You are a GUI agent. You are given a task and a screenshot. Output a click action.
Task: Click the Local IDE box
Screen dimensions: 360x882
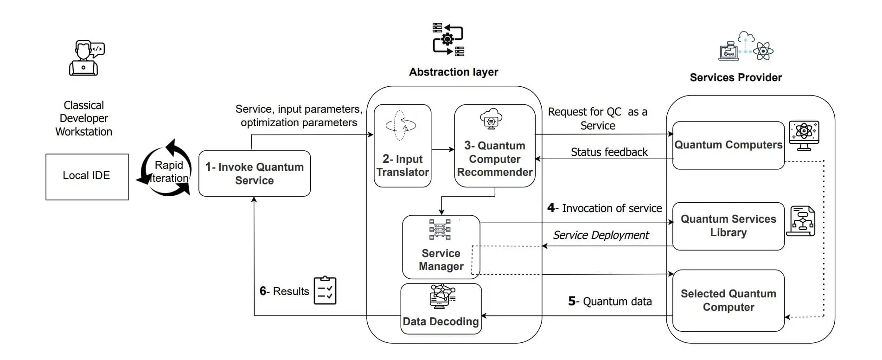pos(87,177)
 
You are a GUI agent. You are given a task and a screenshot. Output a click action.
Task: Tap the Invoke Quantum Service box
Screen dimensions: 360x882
pos(254,174)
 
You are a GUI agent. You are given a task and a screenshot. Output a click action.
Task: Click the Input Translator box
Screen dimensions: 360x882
pos(402,146)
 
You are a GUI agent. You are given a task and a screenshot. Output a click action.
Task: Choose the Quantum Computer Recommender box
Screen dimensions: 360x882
pos(494,146)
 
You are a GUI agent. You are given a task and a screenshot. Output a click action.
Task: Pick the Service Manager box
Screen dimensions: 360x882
pos(441,247)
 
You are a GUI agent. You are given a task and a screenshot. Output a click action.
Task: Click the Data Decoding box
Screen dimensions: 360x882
pos(441,309)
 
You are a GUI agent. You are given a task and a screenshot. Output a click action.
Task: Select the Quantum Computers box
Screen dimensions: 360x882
pos(728,145)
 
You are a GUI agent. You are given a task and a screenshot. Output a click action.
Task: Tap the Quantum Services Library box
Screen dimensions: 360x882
pos(728,226)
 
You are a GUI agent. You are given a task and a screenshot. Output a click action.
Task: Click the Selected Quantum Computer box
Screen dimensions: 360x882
pos(728,301)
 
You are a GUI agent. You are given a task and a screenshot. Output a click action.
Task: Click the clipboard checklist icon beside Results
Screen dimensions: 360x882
pos(325,290)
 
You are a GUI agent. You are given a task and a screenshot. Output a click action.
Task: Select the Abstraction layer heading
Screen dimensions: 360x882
pos(453,72)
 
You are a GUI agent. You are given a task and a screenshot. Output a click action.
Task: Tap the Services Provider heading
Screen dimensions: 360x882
pos(735,77)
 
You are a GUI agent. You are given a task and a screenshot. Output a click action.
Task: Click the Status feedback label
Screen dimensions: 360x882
pos(609,152)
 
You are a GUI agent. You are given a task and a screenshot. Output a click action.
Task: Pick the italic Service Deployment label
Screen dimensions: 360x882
pos(601,235)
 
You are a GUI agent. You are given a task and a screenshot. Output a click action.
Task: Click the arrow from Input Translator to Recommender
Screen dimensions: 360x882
pos(443,149)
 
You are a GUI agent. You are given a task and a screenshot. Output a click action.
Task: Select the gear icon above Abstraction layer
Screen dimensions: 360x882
pos(447,39)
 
